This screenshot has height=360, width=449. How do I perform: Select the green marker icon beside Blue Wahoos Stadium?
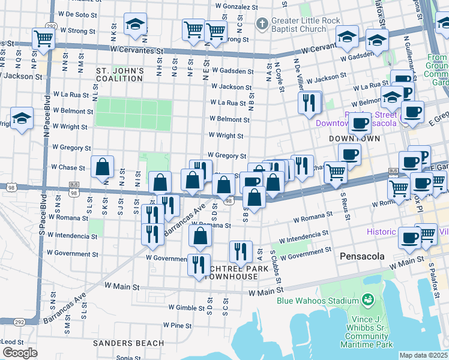pos(367,299)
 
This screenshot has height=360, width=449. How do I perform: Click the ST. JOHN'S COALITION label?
pos(120,74)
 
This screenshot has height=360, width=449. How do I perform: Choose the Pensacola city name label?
pos(362,256)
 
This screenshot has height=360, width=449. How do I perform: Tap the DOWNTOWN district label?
pos(355,139)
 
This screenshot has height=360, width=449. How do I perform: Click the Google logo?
pos(19,353)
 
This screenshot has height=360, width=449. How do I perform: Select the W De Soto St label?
pos(77,13)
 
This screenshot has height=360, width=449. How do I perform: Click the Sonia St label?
pos(128,358)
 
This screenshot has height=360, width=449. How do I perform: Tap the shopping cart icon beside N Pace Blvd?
pos(44,38)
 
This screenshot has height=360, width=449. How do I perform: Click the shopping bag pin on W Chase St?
pos(103,167)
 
